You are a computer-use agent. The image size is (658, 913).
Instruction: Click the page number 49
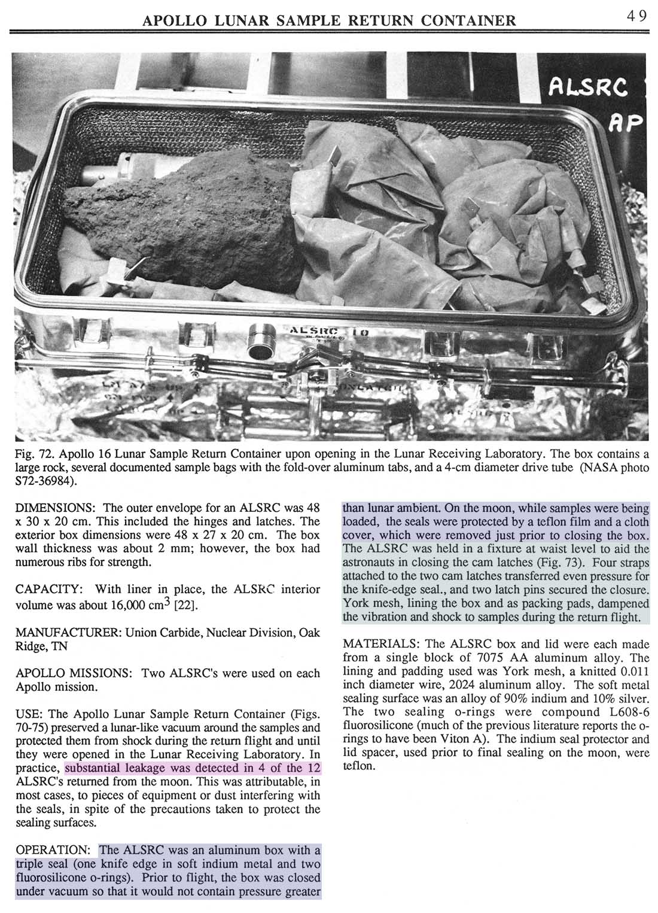point(637,16)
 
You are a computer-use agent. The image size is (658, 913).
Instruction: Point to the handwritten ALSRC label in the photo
point(588,88)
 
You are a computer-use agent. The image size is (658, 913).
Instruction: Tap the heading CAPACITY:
point(47,590)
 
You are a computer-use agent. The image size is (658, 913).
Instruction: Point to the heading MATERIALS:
point(382,644)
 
